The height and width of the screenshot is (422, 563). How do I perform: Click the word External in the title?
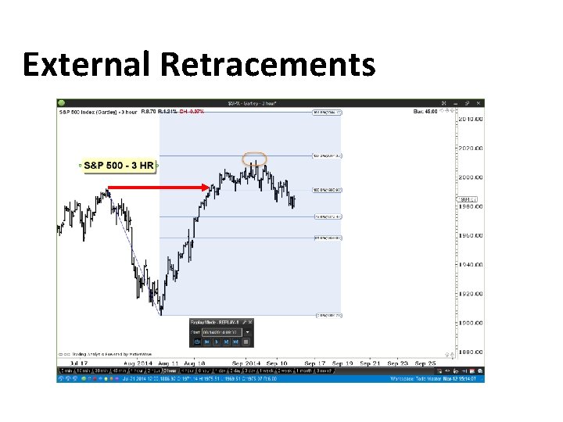coord(87,64)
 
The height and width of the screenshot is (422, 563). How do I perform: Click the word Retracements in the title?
coord(267,64)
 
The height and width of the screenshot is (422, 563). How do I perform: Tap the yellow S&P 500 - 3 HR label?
coord(120,166)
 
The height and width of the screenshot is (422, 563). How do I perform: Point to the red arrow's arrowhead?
coord(206,187)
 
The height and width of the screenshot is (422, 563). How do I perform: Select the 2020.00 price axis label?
coord(471,148)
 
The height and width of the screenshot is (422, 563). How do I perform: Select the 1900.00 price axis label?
coord(471,323)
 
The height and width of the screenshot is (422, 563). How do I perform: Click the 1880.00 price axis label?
coord(471,352)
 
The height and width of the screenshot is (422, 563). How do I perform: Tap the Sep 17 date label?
coord(314,363)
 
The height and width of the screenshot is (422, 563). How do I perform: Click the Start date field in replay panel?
coord(222,331)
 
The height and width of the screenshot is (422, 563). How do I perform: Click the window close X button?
coord(479,102)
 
